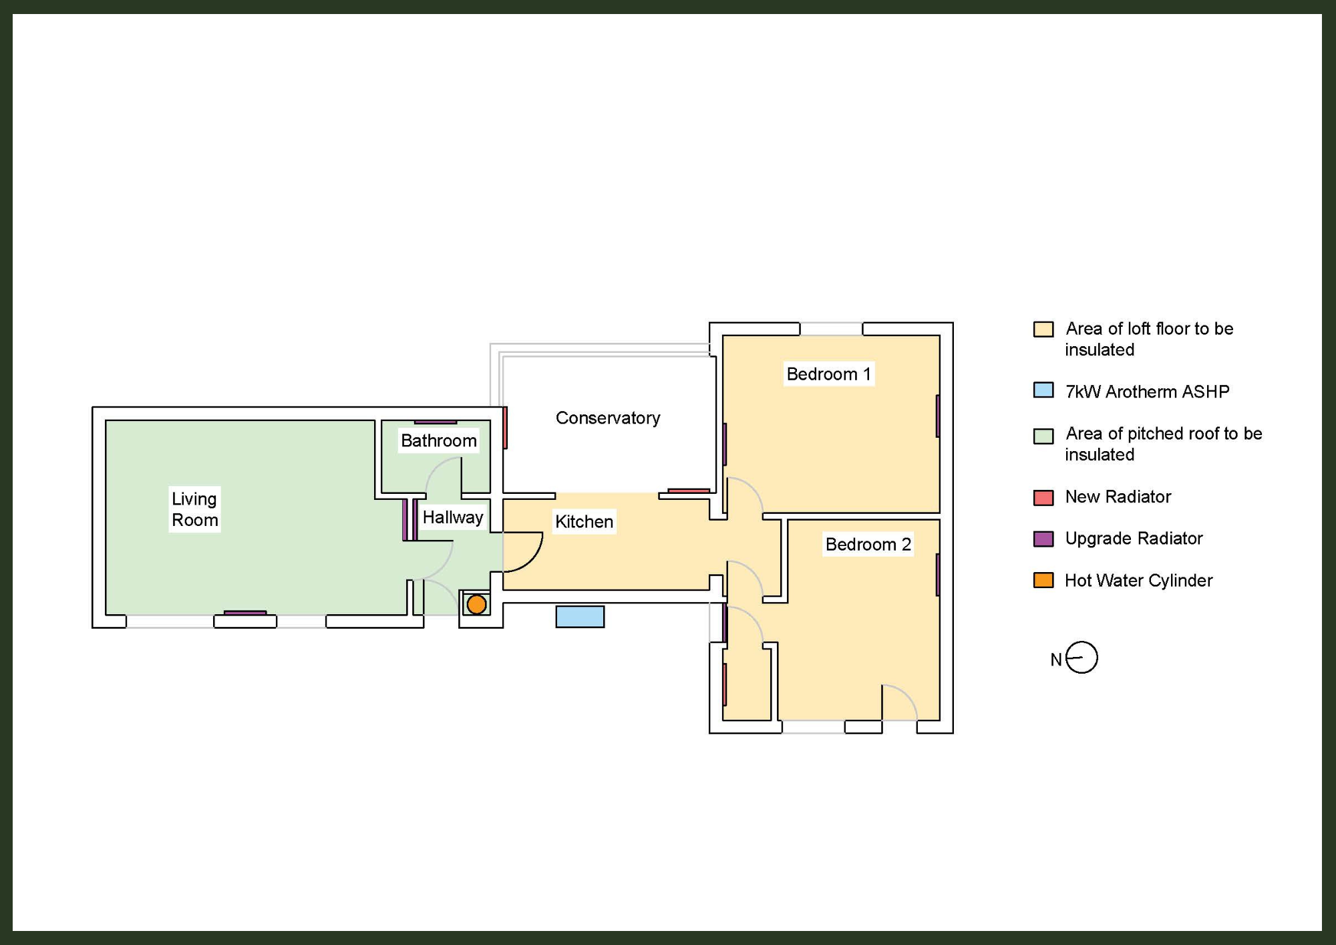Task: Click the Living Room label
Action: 194,509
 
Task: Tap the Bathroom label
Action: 438,440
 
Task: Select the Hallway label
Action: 452,517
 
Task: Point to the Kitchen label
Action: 584,521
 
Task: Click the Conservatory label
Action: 608,418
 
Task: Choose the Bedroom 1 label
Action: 828,374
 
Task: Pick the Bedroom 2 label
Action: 868,544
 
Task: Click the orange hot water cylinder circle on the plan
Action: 476,604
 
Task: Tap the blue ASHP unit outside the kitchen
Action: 580,616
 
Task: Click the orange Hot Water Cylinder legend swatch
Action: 1043,580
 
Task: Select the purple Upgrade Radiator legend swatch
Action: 1043,539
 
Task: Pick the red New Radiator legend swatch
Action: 1043,497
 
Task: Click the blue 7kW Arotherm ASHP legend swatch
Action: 1043,390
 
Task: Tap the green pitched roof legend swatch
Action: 1043,436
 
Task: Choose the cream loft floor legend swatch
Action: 1043,329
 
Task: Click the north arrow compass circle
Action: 1081,658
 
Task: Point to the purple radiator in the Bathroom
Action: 435,422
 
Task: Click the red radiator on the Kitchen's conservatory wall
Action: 689,491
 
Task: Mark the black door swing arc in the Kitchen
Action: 534,559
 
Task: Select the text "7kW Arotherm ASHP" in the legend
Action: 1147,392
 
